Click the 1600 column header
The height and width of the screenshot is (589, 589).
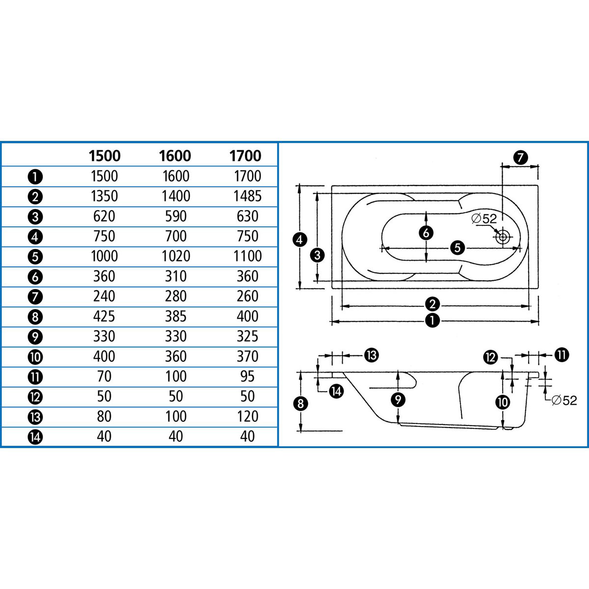(175, 156)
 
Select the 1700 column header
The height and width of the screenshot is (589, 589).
(245, 156)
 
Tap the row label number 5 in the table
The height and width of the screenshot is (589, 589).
(36, 257)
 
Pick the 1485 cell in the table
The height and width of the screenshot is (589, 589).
(247, 196)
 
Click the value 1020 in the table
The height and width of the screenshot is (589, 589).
(175, 256)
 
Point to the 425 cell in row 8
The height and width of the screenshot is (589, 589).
(104, 316)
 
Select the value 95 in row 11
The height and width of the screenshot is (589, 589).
(247, 376)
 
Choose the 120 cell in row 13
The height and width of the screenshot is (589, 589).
(247, 416)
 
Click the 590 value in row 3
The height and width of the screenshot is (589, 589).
(175, 216)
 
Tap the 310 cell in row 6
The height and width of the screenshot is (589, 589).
(175, 276)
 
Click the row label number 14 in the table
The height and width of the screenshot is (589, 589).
(36, 437)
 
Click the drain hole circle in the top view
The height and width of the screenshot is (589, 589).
(502, 238)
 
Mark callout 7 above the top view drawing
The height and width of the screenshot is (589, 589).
(520, 158)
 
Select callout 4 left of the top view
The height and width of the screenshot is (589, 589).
(299, 240)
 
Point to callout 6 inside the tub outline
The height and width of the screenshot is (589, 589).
(426, 233)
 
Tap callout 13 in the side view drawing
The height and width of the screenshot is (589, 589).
(372, 355)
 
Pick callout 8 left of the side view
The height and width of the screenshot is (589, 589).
(300, 403)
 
